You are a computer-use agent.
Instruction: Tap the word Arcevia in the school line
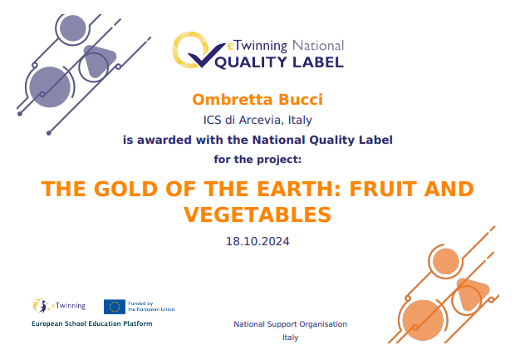pos(258,121)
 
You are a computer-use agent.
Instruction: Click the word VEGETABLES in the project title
pos(257,215)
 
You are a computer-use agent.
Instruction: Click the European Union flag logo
pos(115,306)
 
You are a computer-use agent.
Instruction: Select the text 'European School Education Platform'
pos(92,323)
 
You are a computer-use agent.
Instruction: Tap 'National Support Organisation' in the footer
pos(290,324)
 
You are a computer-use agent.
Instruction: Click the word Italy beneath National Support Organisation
pos(290,338)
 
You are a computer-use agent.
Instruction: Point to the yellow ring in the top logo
pos(185,48)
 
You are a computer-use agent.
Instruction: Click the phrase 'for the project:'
pos(257,158)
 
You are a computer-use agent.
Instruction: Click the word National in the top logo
pos(319,45)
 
